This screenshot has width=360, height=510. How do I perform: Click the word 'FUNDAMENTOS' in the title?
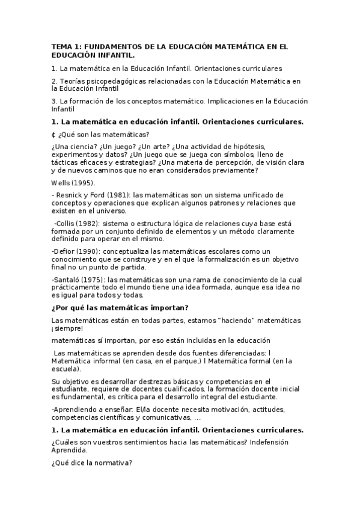[113, 46]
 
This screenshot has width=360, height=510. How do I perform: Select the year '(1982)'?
[93, 223]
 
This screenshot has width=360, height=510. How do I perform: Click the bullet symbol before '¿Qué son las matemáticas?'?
[53, 134]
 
